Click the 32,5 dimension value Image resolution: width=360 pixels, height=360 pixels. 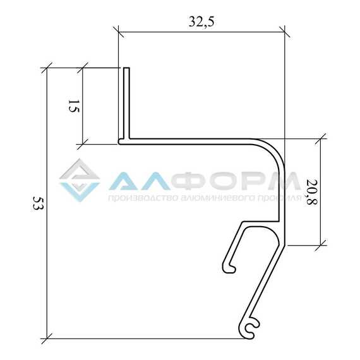[x=201, y=22]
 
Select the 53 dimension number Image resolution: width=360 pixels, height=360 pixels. [x=38, y=203]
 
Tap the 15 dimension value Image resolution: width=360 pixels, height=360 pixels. [x=74, y=106]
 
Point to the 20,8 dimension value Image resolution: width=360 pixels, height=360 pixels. [x=312, y=193]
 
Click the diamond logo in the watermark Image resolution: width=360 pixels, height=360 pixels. [x=80, y=180]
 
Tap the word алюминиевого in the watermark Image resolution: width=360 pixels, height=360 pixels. [x=218, y=198]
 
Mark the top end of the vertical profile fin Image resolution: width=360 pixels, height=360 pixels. [x=126, y=68]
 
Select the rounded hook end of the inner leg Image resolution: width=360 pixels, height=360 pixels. [x=229, y=268]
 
